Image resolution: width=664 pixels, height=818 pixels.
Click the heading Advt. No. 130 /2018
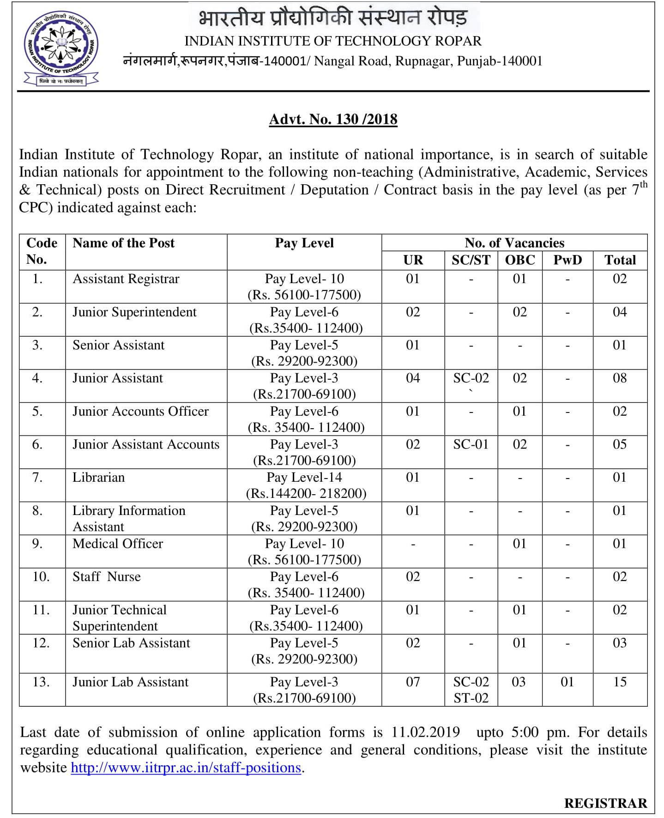(333, 119)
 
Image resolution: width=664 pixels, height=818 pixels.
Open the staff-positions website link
(186, 767)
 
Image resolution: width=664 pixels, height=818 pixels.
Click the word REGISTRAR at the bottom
(605, 803)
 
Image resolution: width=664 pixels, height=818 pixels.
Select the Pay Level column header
(304, 243)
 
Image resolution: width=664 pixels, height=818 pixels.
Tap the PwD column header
(567, 260)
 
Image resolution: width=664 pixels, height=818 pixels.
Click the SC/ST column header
(471, 260)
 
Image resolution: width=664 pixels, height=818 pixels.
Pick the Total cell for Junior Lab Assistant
(620, 682)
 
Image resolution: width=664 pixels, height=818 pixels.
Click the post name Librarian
(98, 477)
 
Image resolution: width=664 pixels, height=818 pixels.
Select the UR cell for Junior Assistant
(412, 378)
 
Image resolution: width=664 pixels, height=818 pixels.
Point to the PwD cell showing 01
(567, 682)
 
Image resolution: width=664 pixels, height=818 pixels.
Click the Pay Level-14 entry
(304, 477)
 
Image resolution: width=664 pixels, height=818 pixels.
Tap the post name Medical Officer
(117, 544)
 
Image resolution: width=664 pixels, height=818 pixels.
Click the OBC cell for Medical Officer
(519, 544)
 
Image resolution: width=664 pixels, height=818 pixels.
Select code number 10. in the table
(41, 577)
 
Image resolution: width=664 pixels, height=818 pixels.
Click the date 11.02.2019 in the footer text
(425, 732)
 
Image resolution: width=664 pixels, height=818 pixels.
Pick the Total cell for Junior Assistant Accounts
(620, 444)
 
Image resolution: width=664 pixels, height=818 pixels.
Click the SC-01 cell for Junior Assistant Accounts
(471, 444)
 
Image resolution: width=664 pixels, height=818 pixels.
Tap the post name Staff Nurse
(106, 577)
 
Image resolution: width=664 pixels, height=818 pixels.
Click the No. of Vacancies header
(514, 243)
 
